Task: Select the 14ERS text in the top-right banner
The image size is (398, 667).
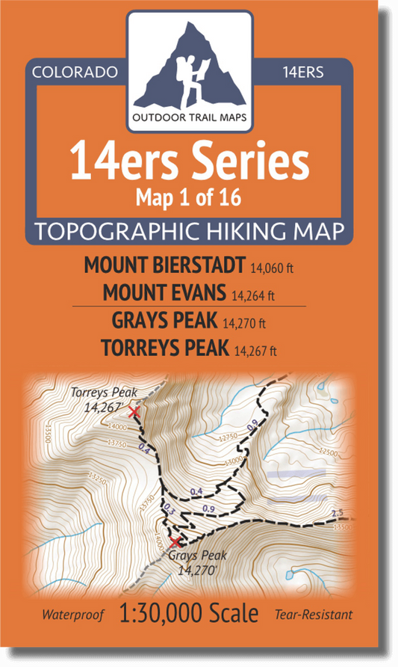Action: coord(303,73)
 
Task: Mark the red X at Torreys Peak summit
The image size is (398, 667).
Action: coord(134,411)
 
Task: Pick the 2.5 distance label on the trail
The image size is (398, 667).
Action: coord(338,513)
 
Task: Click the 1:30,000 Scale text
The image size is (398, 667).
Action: coord(189,615)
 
